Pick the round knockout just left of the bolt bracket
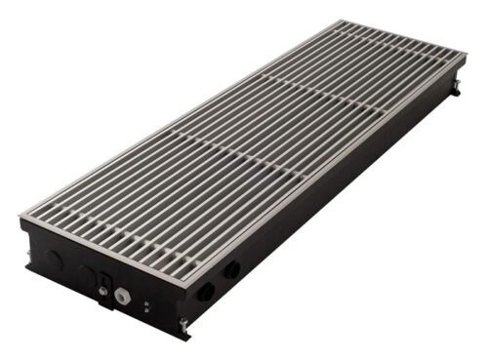(x=85, y=275)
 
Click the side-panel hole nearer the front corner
(x=205, y=291)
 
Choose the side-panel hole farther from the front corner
(x=232, y=269)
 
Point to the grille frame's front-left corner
(x=21, y=217)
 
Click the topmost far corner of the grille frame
(x=342, y=21)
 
